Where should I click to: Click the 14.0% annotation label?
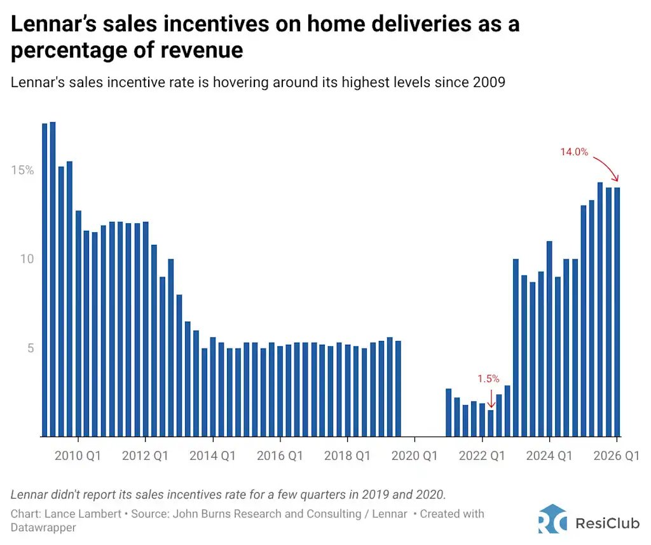(x=573, y=152)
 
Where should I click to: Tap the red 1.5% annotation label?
(x=489, y=379)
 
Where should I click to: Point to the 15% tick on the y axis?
(x=22, y=170)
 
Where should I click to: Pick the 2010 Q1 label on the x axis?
(x=78, y=456)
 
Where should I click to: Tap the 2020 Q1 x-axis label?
(x=415, y=456)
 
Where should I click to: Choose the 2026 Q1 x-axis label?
(x=617, y=456)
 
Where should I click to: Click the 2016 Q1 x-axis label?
(x=280, y=456)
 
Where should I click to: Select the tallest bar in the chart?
(x=53, y=279)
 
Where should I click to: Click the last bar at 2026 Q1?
(x=617, y=312)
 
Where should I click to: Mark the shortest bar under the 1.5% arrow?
(x=490, y=423)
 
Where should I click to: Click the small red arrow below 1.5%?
(x=490, y=399)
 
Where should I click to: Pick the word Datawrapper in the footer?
(x=43, y=528)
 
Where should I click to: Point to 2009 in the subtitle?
(x=490, y=83)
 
